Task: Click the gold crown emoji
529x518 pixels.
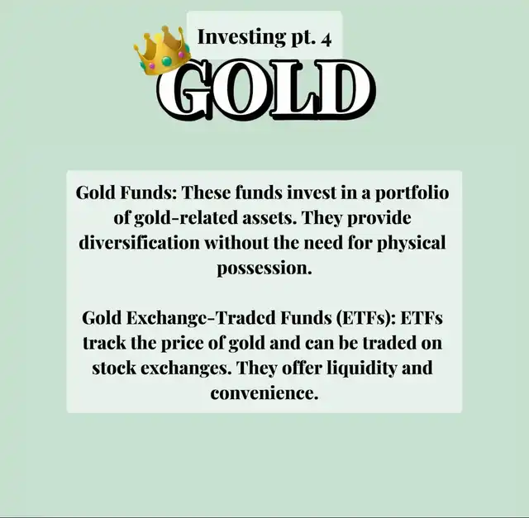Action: point(162,50)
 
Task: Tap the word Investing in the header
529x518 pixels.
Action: point(241,37)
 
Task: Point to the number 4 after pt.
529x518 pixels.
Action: point(326,40)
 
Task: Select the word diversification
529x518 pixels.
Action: point(139,243)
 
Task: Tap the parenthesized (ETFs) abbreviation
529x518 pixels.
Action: point(366,318)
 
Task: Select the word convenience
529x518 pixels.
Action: point(264,393)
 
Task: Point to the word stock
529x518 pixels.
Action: point(114,368)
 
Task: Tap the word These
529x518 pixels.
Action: point(207,192)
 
